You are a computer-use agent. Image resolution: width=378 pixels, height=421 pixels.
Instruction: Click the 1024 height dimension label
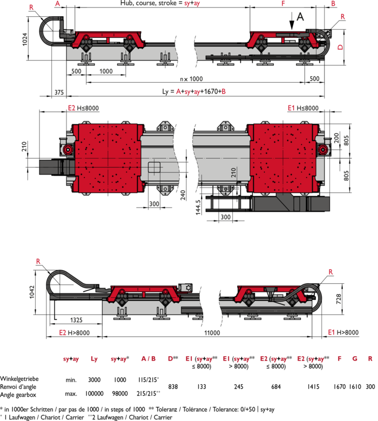25,39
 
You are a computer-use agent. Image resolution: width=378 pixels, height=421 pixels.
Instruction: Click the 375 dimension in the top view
59,92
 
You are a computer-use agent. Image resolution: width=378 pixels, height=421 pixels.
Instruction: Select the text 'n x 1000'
191,79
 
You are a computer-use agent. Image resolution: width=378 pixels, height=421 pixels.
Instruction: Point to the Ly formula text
194,91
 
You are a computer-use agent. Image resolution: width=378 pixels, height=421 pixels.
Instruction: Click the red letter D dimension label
340,47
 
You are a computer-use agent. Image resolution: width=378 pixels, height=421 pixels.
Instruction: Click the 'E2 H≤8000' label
83,108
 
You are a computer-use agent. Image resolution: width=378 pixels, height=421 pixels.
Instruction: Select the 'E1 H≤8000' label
303,108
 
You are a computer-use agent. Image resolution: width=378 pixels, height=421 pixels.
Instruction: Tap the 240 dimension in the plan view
183,195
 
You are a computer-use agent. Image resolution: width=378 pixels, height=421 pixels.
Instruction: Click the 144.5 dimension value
198,208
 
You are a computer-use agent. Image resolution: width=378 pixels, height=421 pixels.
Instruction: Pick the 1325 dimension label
76,320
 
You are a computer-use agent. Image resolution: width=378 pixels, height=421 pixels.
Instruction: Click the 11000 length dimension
212,333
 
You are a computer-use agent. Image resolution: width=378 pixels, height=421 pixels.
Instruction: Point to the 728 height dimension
339,299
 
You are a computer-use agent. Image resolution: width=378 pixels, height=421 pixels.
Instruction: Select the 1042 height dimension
32,292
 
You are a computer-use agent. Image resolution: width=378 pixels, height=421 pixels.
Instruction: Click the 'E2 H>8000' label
75,333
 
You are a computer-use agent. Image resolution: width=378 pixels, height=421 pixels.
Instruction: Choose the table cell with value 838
173,386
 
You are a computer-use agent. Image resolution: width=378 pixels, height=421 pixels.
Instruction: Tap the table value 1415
313,386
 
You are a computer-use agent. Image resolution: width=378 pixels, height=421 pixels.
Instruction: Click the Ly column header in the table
94,359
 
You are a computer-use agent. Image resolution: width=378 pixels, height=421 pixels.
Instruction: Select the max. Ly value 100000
94,393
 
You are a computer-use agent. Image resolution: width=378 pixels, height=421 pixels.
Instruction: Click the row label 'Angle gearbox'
18,395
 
